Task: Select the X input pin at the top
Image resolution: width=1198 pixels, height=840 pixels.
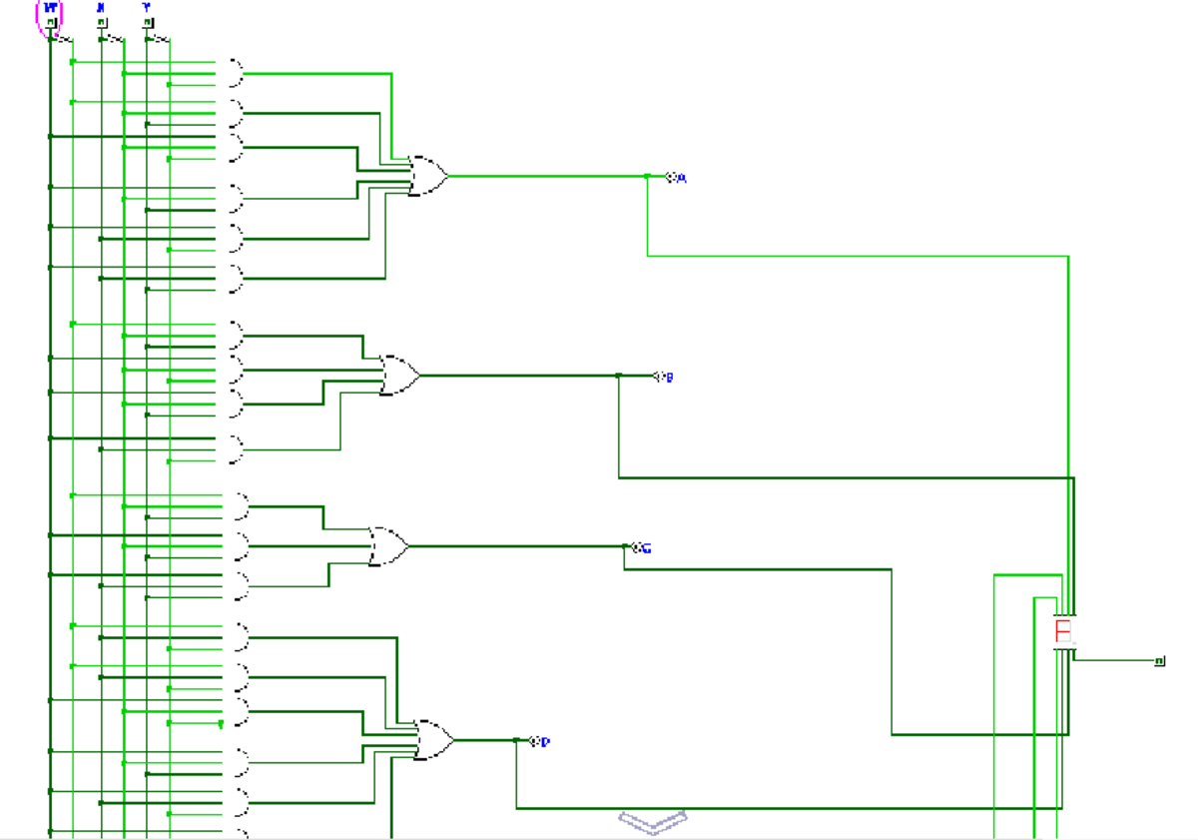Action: (x=101, y=22)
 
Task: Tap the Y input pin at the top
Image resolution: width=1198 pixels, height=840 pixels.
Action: (x=148, y=22)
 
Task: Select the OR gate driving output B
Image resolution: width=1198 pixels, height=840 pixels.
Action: (x=400, y=376)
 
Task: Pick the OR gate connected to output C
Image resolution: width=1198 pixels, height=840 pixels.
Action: (x=388, y=546)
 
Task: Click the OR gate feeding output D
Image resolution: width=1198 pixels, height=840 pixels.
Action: (x=434, y=740)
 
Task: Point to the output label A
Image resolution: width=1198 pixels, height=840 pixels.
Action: (x=682, y=178)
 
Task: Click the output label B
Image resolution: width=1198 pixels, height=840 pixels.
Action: (x=669, y=378)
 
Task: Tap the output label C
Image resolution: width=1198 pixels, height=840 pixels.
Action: (x=645, y=548)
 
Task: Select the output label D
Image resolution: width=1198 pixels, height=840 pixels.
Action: (x=545, y=742)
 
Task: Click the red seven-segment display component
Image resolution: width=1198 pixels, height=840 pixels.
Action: (x=1063, y=631)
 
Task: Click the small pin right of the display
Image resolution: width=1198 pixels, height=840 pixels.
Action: (x=1160, y=661)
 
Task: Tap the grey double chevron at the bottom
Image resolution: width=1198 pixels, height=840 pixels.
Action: (x=653, y=822)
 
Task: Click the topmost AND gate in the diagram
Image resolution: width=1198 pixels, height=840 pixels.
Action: (x=234, y=73)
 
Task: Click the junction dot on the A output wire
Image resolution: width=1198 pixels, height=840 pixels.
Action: (x=647, y=177)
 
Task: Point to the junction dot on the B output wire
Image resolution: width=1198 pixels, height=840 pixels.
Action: (x=619, y=377)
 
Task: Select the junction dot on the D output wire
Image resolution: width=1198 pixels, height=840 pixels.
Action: (x=516, y=740)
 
